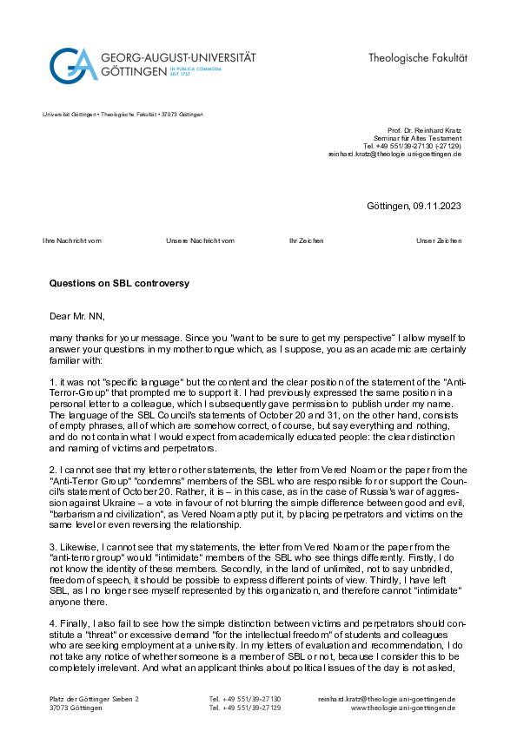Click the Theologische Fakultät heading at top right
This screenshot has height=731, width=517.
pyautogui.click(x=417, y=57)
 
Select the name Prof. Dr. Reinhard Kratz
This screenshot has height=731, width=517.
pyautogui.click(x=425, y=130)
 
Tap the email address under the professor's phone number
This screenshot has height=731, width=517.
pyautogui.click(x=394, y=154)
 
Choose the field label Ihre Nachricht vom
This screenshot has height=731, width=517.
pyautogui.click(x=72, y=240)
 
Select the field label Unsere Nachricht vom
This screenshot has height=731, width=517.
pyautogui.click(x=200, y=240)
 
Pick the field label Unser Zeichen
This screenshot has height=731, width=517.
pyautogui.click(x=439, y=240)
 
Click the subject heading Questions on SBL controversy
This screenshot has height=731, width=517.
pyautogui.click(x=119, y=283)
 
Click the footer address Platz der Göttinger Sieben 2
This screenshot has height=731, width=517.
pyautogui.click(x=94, y=699)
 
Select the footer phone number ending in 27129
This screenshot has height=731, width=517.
pyautogui.click(x=245, y=708)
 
